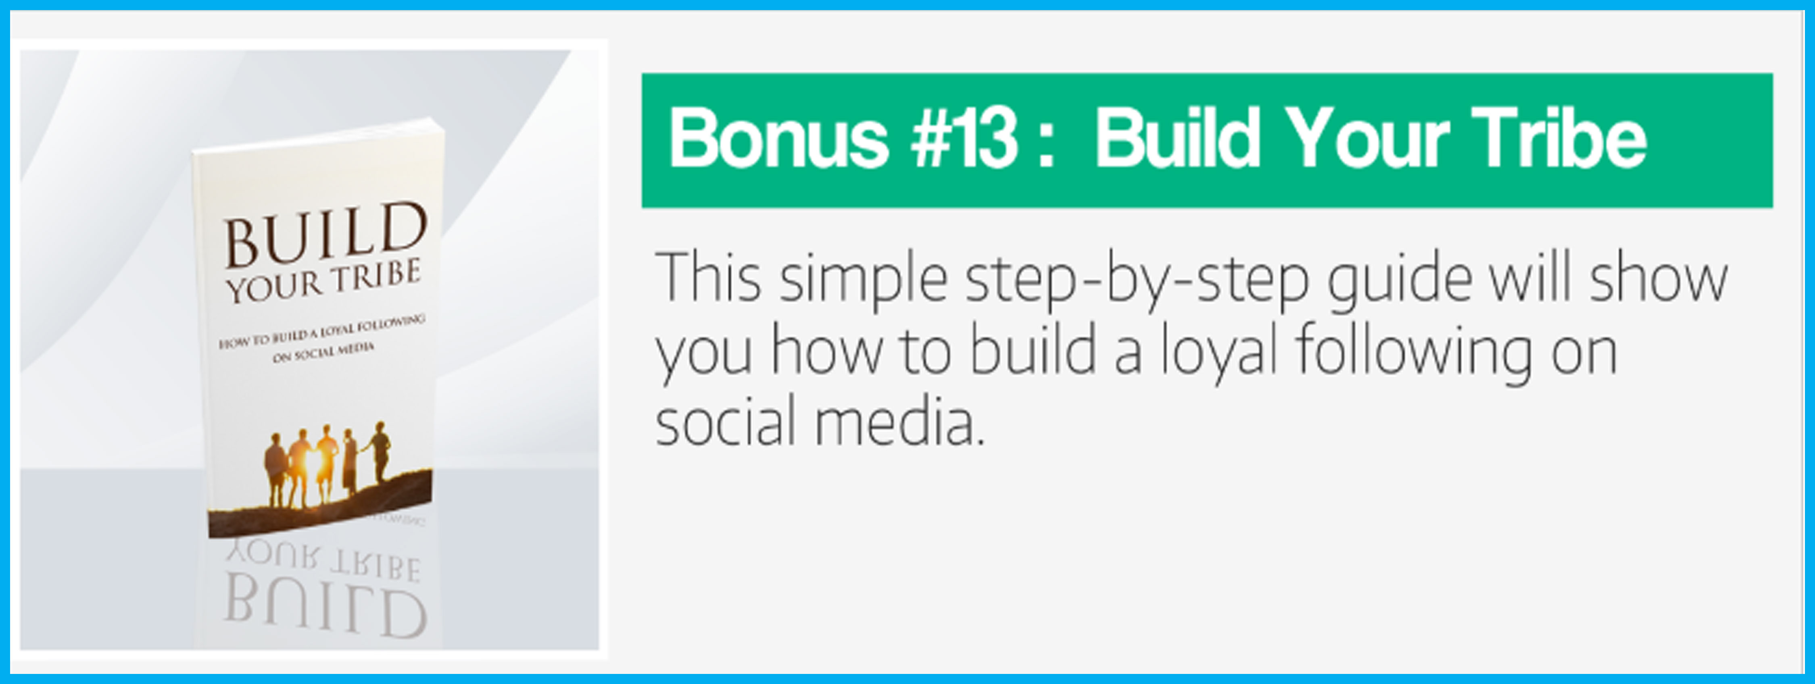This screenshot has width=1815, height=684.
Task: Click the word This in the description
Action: tap(708, 277)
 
